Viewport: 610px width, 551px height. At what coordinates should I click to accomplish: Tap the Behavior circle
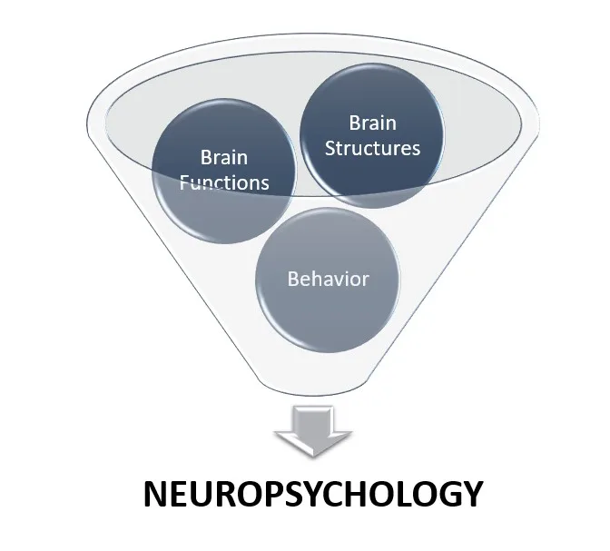[x=328, y=278]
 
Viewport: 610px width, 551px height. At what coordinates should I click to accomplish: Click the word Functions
[x=223, y=182]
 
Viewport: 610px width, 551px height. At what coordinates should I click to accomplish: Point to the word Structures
[x=372, y=147]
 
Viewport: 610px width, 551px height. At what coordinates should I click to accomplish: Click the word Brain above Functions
[x=223, y=158]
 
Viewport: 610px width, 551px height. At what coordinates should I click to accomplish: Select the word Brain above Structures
[x=373, y=123]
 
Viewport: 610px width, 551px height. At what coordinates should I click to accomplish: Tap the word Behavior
[x=328, y=279]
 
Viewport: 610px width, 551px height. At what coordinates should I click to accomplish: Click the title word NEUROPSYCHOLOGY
[x=313, y=496]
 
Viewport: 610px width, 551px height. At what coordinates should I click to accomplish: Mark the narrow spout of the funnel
[x=312, y=386]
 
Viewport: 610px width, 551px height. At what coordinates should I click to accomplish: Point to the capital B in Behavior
[x=293, y=279]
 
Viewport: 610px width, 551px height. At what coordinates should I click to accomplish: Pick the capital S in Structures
[x=330, y=147]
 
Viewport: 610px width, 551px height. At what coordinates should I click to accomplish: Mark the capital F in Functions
[x=183, y=182]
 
